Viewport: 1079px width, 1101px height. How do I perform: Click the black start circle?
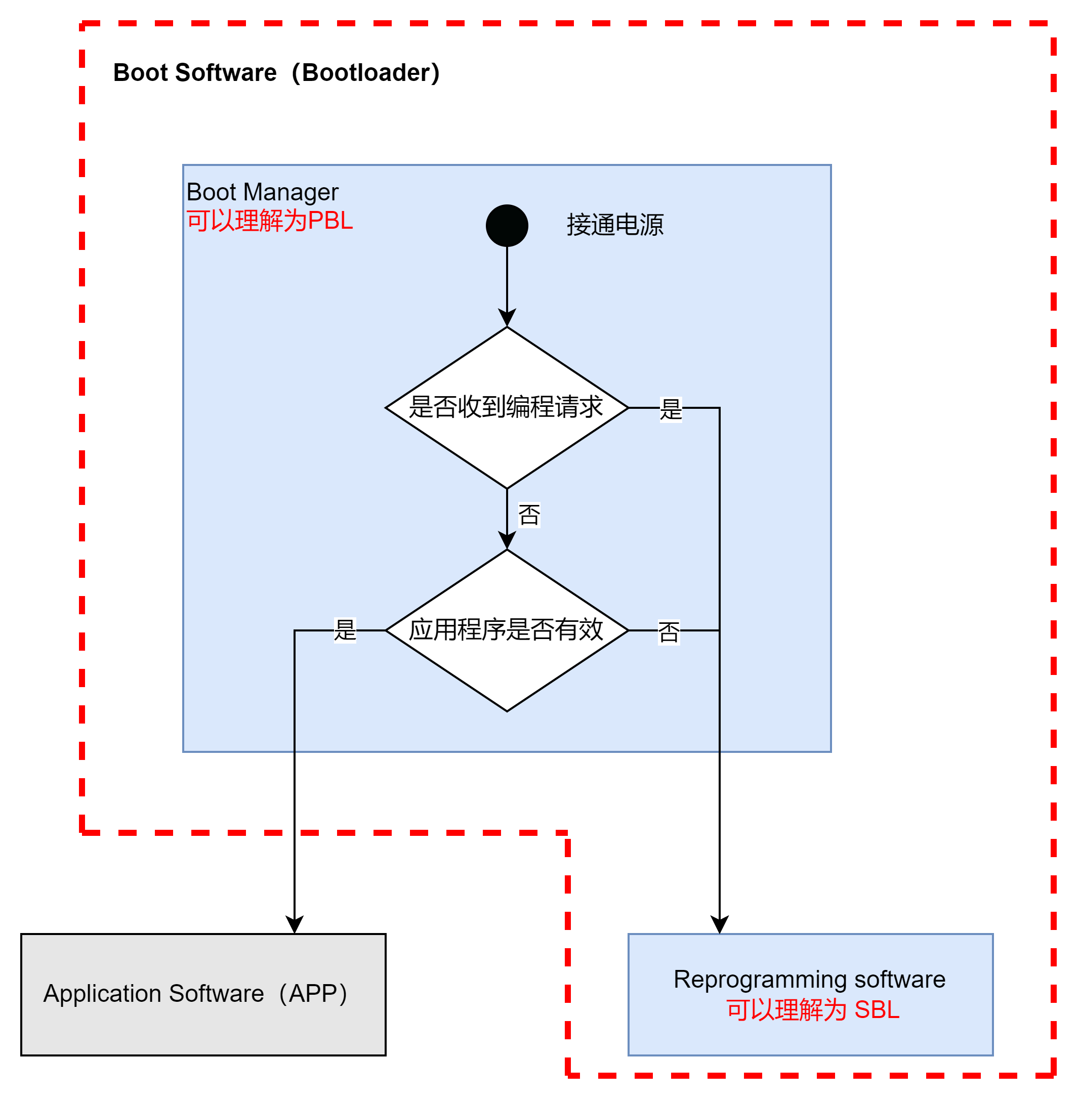(507, 226)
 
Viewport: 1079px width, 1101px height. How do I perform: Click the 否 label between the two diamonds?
(529, 515)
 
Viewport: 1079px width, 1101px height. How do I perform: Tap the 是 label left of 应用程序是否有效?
(345, 630)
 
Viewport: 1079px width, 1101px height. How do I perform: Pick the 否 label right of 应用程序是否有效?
(669, 632)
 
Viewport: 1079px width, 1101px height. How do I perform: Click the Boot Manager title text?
(262, 192)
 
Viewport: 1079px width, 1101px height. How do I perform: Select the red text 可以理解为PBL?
(270, 221)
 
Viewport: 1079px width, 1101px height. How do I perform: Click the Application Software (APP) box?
(203, 994)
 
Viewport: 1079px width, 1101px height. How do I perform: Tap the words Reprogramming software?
(809, 979)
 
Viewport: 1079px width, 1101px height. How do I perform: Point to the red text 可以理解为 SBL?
(813, 1010)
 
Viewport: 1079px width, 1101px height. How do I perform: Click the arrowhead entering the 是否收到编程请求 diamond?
(507, 318)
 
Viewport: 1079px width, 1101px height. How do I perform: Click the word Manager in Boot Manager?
(290, 193)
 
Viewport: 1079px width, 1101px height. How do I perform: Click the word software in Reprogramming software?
(900, 979)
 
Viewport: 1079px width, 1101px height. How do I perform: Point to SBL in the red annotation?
(877, 1010)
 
